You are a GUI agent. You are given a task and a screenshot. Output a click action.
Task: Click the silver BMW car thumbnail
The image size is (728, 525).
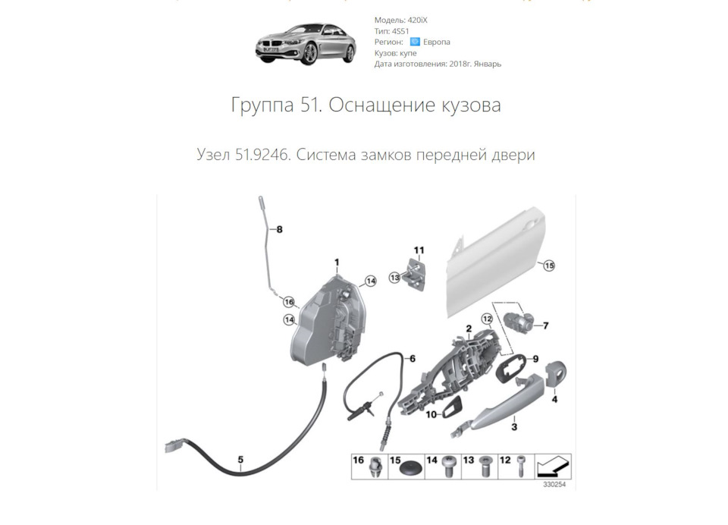coord(306,42)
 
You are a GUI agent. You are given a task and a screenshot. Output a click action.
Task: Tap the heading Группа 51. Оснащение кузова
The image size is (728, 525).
coord(366,105)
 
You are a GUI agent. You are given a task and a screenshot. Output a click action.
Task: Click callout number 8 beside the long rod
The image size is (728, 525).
coord(278,229)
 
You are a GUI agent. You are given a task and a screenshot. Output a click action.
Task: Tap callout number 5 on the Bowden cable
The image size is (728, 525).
coord(240,459)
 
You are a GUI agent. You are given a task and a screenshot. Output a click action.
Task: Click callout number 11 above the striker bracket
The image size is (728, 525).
coord(419,250)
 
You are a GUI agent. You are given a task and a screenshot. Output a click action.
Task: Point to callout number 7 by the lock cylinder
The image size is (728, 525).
coord(545,326)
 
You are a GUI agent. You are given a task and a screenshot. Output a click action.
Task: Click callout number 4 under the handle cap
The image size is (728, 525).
coord(554,398)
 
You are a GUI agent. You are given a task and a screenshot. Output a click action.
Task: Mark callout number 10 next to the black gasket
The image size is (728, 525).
coord(431,415)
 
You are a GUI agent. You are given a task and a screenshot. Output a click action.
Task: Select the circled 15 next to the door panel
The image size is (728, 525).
coord(548,266)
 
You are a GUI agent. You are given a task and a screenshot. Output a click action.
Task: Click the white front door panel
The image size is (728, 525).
coord(493,266)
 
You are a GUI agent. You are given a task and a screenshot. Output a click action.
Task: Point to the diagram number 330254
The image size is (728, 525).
coord(554,485)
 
